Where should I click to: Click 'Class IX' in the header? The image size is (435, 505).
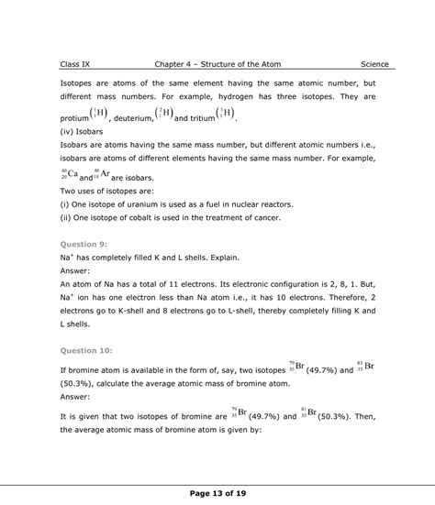(78, 64)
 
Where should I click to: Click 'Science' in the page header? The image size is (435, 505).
(374, 64)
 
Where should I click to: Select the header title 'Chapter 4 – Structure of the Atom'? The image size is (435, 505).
(217, 64)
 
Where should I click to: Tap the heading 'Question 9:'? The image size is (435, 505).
(84, 245)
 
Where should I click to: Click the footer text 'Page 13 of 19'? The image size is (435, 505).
(217, 494)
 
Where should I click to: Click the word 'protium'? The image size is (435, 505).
(75, 118)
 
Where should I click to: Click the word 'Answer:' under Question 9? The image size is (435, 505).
(77, 271)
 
